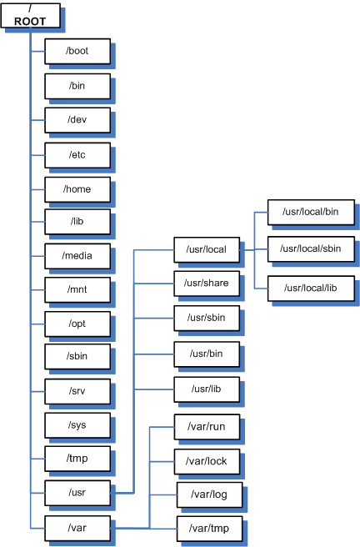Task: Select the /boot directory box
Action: (77, 51)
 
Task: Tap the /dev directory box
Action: (77, 119)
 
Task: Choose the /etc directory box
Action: (77, 154)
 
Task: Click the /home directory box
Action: (77, 188)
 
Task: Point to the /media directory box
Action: (77, 255)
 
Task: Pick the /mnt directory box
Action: (77, 289)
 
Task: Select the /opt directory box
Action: (77, 322)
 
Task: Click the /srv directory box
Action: (77, 390)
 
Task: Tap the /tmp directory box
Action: (77, 458)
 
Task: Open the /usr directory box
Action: (77, 493)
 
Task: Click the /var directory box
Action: (77, 527)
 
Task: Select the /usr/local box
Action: (207, 248)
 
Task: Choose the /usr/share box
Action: (207, 283)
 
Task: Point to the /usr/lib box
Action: (207, 389)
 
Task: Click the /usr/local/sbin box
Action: (309, 248)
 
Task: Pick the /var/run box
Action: (207, 426)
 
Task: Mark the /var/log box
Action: (209, 494)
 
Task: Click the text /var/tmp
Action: (209, 528)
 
